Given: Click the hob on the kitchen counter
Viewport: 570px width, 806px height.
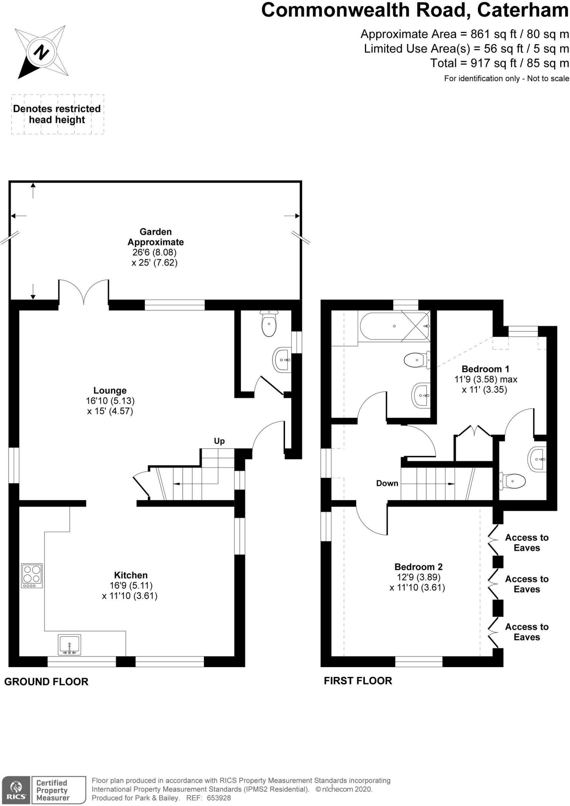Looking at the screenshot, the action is (32, 576).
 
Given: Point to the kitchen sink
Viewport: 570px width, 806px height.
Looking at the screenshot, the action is (69, 645).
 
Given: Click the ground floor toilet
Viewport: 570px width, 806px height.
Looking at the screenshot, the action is (269, 323).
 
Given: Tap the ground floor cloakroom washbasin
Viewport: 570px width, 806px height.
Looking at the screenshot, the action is (282, 360).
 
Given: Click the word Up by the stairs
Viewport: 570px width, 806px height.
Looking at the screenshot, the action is (219, 441).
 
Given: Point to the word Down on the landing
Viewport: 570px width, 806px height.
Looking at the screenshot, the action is (387, 483).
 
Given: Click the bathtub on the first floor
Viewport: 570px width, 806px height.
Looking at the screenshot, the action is (394, 325).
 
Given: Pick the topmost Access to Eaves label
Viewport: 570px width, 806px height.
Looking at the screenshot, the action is (527, 543).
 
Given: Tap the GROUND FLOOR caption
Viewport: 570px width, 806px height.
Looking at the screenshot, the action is (46, 681).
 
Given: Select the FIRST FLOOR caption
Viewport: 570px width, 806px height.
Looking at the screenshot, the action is (358, 680).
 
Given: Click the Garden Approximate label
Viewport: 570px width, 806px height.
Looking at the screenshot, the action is (155, 237).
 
